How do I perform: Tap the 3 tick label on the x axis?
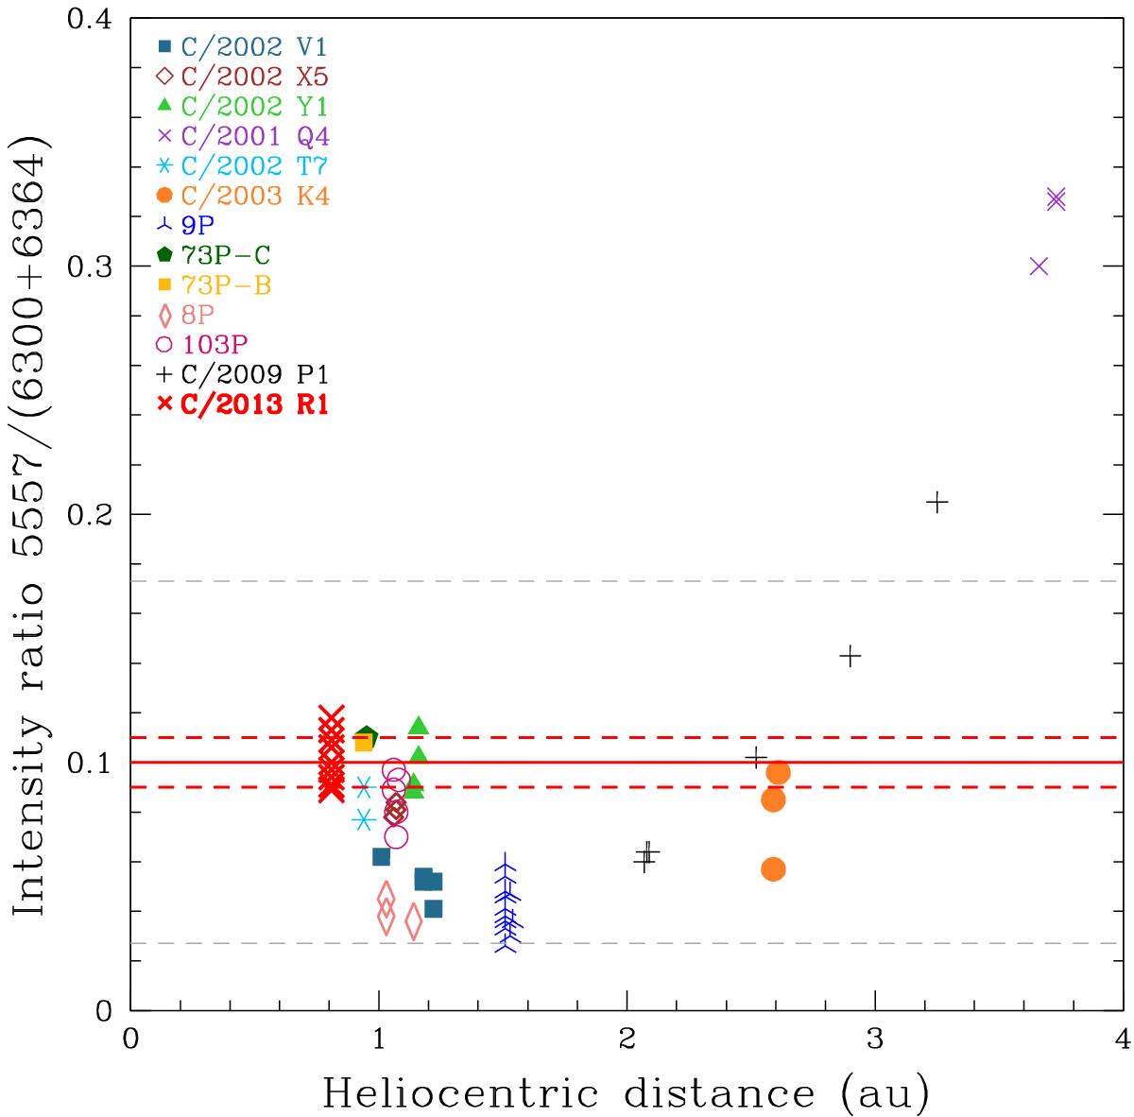point(874,1038)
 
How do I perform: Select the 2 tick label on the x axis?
point(627,1038)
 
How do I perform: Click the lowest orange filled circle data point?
point(773,869)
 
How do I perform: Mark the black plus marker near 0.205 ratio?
point(936,502)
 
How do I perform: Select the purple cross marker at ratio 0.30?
point(1039,266)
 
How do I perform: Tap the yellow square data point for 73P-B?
point(363,744)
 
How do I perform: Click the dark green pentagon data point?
point(368,736)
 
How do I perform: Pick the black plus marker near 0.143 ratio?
point(850,656)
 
